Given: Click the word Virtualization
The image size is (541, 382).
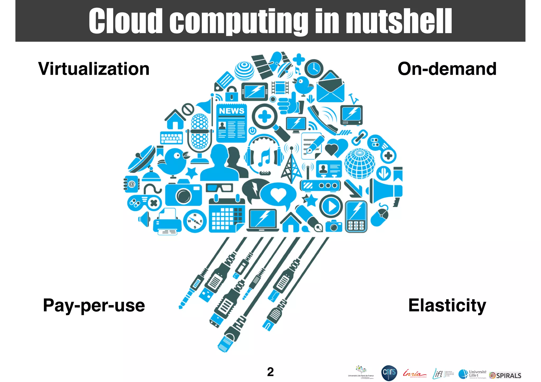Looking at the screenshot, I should click(x=94, y=69).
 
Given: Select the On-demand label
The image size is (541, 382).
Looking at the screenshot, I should click(x=447, y=69).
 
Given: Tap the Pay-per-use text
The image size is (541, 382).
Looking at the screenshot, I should click(x=94, y=305).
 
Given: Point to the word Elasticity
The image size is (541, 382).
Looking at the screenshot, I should click(x=447, y=305).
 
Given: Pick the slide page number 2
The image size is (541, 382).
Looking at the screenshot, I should click(x=270, y=372).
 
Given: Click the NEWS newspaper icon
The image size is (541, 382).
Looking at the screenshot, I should click(x=231, y=123).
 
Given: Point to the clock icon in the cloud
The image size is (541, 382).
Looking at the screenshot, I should click(x=314, y=69).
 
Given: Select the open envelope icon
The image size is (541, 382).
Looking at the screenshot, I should click(x=330, y=87).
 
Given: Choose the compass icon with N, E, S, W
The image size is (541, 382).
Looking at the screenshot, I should click(x=195, y=221).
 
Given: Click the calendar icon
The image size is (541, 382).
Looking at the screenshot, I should click(x=227, y=215).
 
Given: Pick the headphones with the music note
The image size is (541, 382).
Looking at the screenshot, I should click(x=264, y=154).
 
